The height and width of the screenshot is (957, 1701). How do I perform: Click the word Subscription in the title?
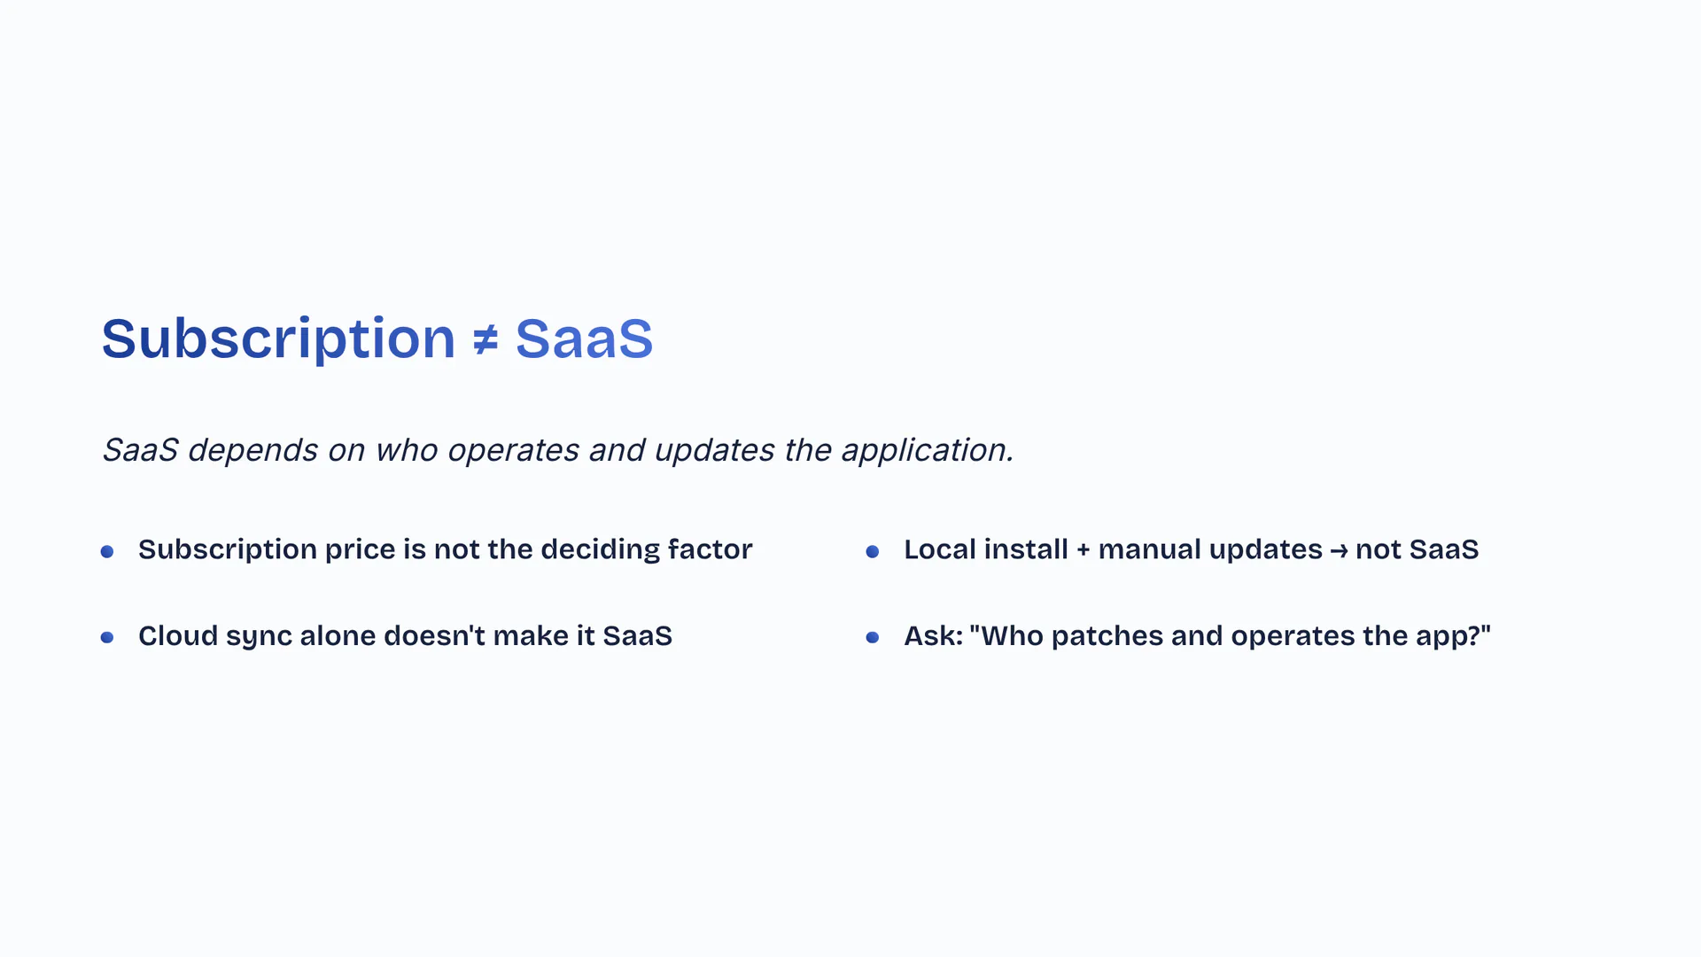(278, 339)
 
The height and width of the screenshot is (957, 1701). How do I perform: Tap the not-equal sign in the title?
(485, 339)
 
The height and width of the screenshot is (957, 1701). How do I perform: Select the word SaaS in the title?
(584, 338)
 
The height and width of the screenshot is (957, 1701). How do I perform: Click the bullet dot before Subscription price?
(107, 552)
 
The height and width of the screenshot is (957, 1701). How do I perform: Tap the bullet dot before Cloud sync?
(107, 638)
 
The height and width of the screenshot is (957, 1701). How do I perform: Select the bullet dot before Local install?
(873, 552)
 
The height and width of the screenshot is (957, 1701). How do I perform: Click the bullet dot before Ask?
(873, 638)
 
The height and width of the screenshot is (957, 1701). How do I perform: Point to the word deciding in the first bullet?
(601, 550)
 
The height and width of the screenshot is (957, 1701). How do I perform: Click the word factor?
(711, 549)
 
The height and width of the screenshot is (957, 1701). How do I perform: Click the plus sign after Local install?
(1084, 551)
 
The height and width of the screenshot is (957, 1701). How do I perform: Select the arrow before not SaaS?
(1339, 551)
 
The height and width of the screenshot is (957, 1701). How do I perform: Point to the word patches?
(1107, 637)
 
